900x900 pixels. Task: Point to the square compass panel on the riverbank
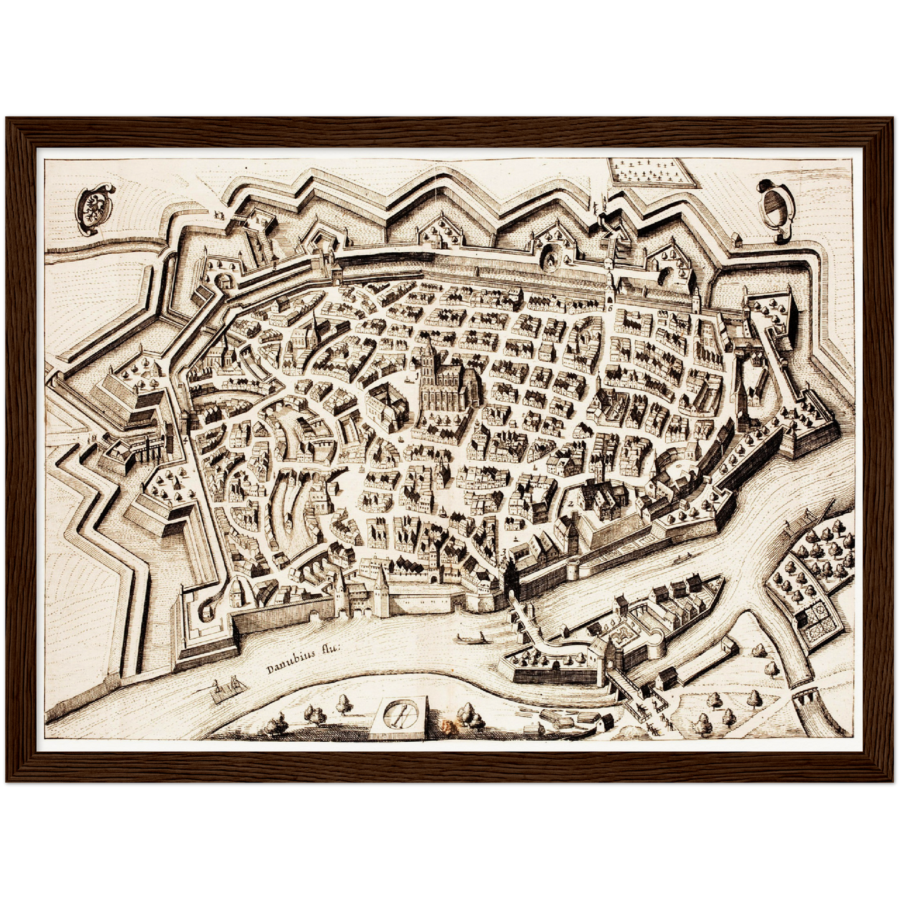pyautogui.click(x=399, y=716)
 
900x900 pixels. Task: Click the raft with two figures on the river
pyautogui.click(x=225, y=689)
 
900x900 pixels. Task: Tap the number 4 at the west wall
pyautogui.click(x=186, y=439)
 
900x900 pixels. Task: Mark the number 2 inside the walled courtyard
pyautogui.click(x=570, y=503)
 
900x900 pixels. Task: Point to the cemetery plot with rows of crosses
pyautogui.click(x=650, y=171)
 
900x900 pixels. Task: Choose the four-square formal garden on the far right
pyautogui.click(x=820, y=617)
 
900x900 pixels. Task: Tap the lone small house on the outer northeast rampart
pyautogui.click(x=737, y=238)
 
